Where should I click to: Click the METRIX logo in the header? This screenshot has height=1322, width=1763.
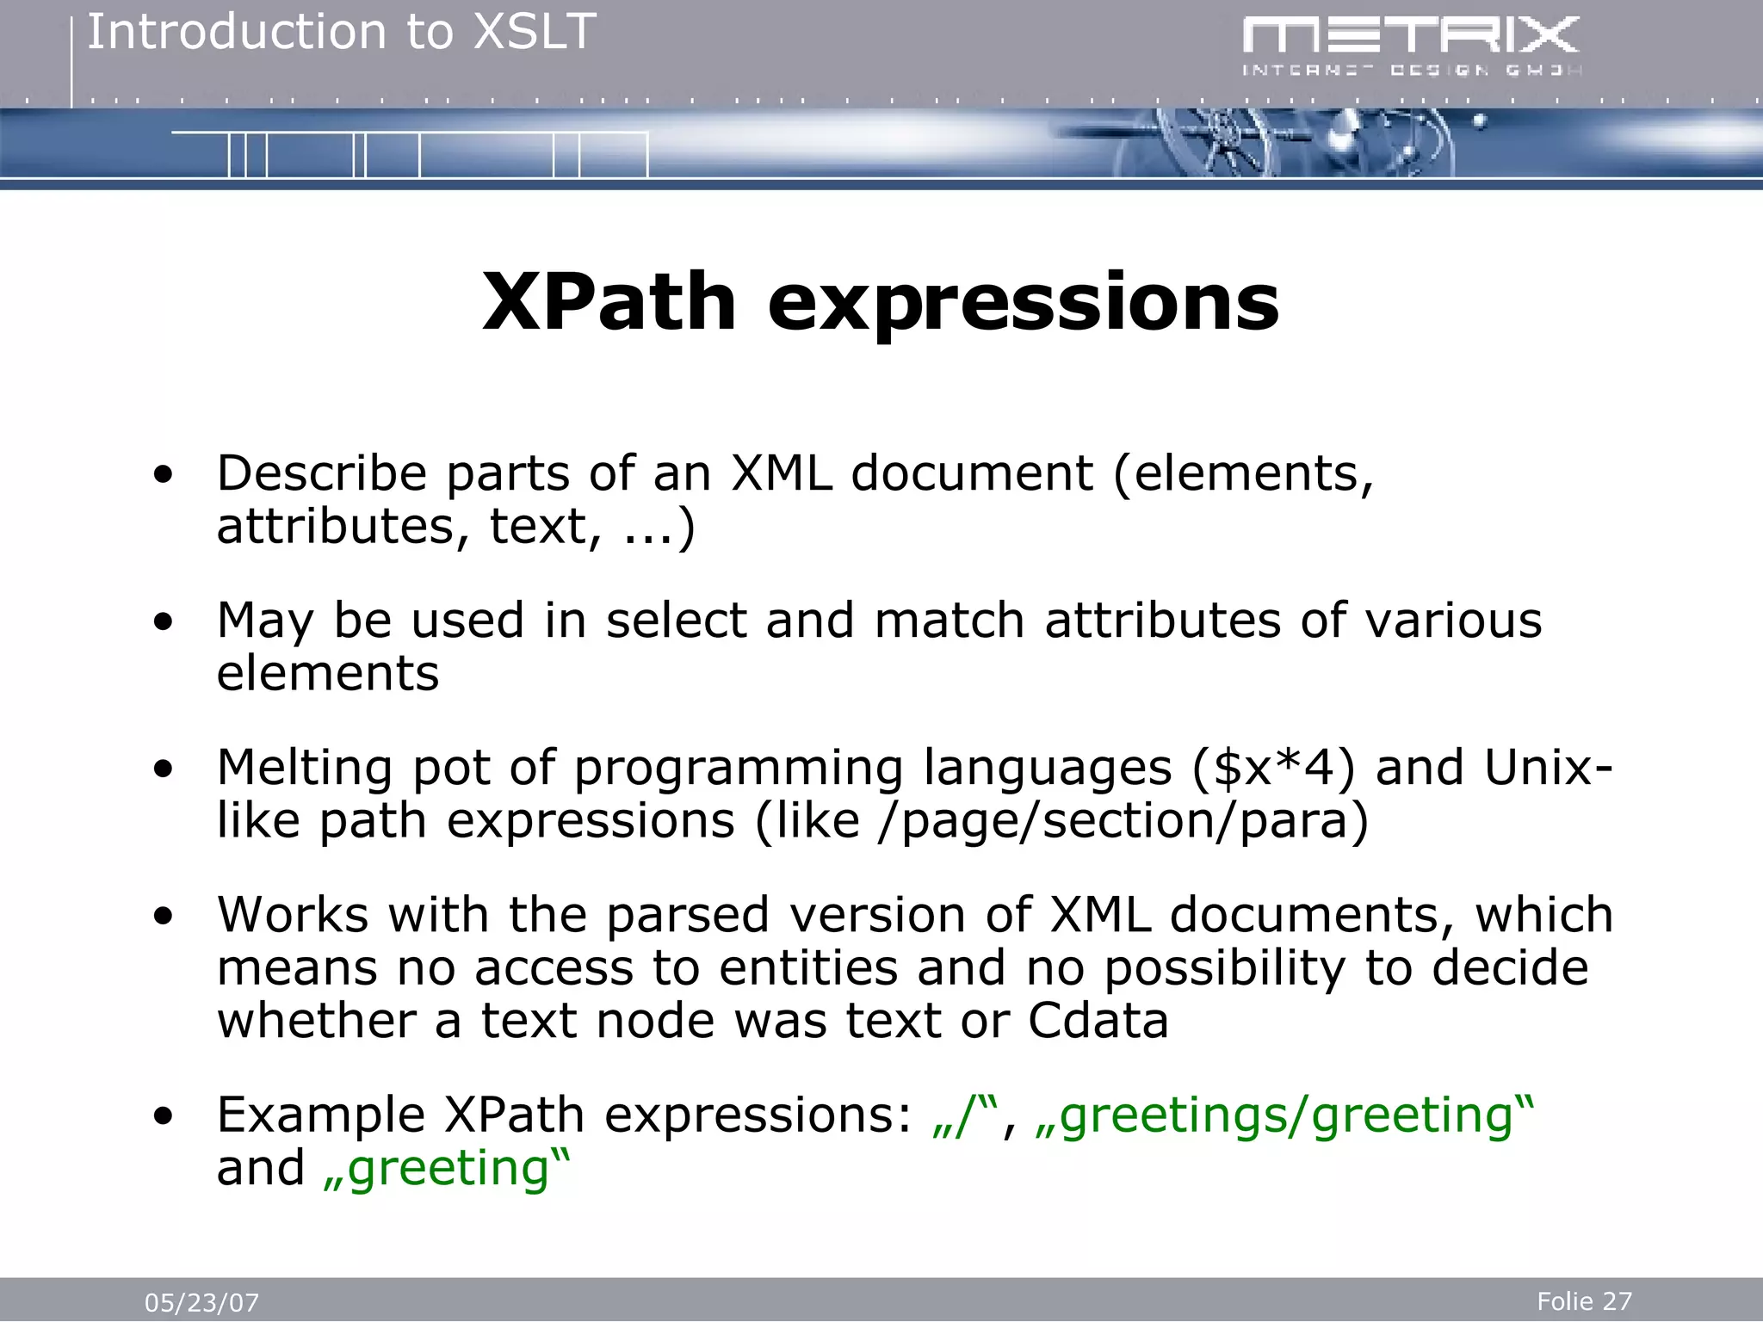click(x=1410, y=45)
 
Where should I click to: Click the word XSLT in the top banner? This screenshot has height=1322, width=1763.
click(x=535, y=33)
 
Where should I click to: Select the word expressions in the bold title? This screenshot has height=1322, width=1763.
click(x=1023, y=303)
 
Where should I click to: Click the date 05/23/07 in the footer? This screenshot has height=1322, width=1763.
click(x=201, y=1302)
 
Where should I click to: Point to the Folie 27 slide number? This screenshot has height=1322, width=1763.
click(x=1584, y=1300)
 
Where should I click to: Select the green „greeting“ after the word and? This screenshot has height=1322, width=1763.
click(x=446, y=1168)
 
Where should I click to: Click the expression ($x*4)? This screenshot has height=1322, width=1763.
click(x=1273, y=767)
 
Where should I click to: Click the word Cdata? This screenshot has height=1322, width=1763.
click(x=1098, y=1021)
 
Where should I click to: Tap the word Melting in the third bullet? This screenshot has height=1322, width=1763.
click(x=305, y=767)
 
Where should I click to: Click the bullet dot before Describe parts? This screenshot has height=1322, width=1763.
click(x=163, y=474)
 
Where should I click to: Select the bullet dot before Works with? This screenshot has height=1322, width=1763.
click(x=163, y=916)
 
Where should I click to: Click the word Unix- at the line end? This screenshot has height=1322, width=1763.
click(x=1548, y=767)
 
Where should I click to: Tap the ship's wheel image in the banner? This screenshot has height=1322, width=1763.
click(x=1214, y=145)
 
